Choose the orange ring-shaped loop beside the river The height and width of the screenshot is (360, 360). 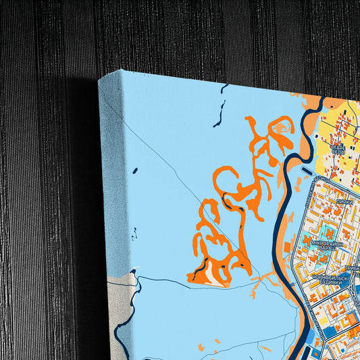coord(284,126)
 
